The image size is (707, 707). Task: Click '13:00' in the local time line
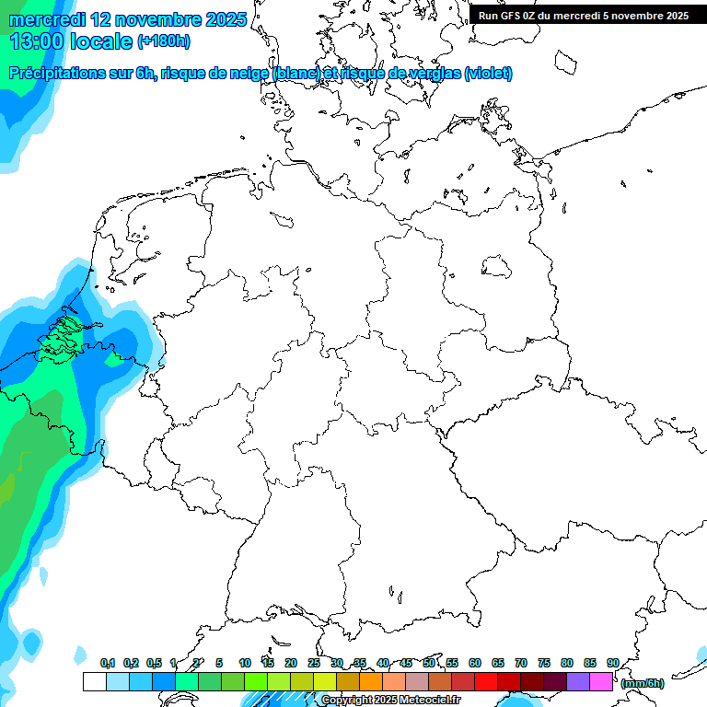coord(36,41)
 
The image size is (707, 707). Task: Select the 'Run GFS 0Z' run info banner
coord(583,15)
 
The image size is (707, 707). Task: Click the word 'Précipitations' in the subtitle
coord(56,74)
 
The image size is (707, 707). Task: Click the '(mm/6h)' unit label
coord(642,683)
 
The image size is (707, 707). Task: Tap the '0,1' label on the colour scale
coord(108,663)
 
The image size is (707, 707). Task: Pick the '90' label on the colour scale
coord(612,663)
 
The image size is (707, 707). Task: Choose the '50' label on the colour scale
coord(429,663)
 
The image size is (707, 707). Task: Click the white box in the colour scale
coord(94,681)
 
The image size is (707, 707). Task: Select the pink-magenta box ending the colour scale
coord(601,681)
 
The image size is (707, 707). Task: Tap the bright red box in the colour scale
coord(486,681)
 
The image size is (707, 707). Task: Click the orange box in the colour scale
coord(371,681)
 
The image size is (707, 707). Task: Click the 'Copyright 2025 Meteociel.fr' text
coord(390,700)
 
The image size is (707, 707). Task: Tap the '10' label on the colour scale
coord(245,663)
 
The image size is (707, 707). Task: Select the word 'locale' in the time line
coord(102,41)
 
